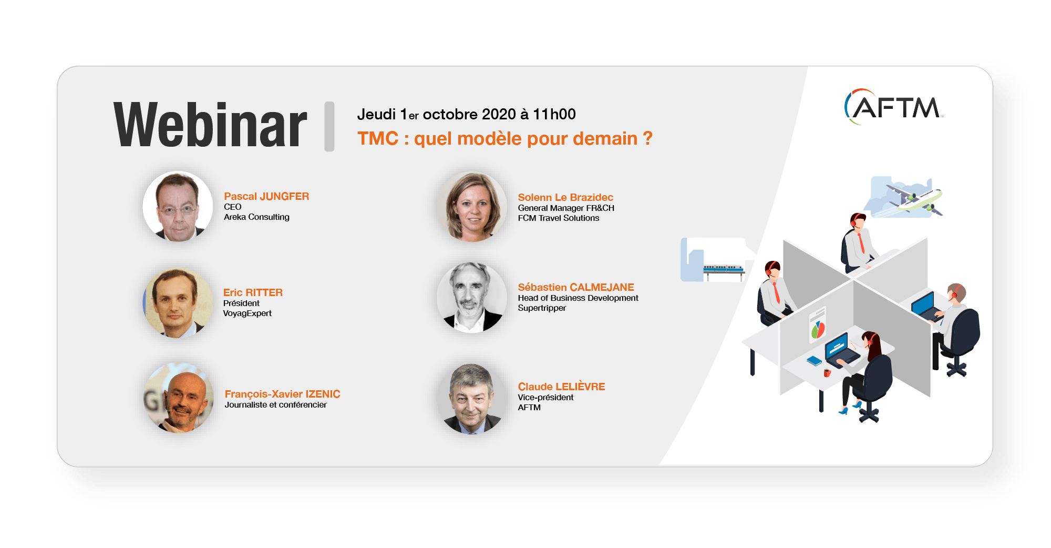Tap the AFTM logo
[893, 107]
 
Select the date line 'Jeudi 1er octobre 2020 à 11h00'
[466, 114]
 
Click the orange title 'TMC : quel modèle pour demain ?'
[505, 138]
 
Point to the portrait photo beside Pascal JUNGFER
[178, 206]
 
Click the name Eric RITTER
[253, 292]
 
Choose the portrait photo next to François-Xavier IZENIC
[179, 398]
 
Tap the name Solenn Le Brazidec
[565, 197]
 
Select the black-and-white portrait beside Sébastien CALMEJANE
[472, 298]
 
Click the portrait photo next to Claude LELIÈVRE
[472, 399]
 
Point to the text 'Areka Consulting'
[256, 217]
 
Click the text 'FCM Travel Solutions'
[559, 218]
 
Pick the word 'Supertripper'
[542, 308]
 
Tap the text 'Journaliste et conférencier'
[275, 404]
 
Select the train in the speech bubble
[724, 269]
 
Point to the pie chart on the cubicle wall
[818, 330]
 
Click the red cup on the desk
[827, 373]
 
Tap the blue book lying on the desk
[814, 361]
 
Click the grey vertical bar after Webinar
[329, 126]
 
